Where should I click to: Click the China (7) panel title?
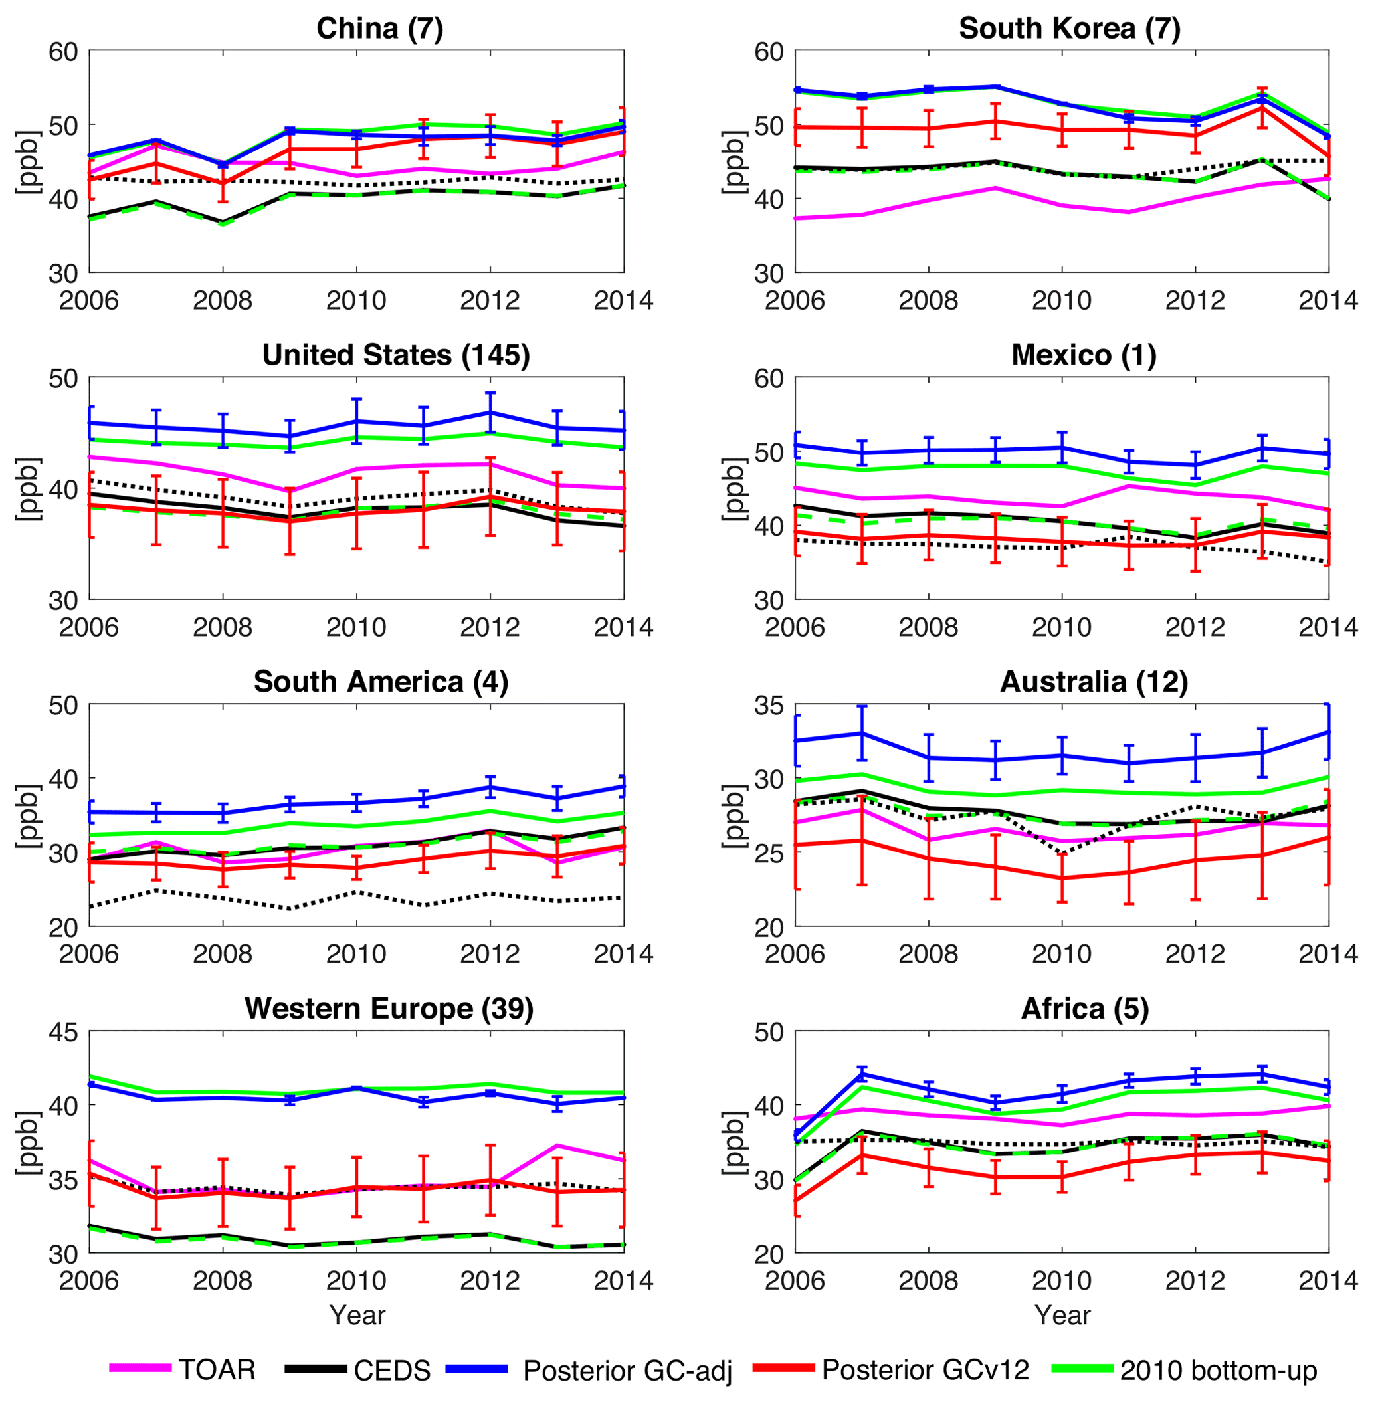tap(379, 29)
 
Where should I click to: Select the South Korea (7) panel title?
tap(1070, 29)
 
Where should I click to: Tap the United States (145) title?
tap(396, 355)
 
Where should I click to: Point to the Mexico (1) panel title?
tap(1084, 355)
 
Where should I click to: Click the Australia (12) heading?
tap(1094, 682)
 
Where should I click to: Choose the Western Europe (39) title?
tap(389, 1009)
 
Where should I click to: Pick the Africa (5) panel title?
tap(1084, 1009)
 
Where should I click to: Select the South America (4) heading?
tap(381, 682)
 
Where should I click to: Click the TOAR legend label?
tap(217, 1369)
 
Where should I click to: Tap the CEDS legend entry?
tap(392, 1369)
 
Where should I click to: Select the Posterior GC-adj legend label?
tap(627, 1369)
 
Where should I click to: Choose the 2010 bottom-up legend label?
tap(1218, 1369)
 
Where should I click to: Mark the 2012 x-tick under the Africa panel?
tap(1195, 1280)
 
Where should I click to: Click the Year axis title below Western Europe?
tap(357, 1315)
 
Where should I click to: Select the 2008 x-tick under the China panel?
tap(223, 300)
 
